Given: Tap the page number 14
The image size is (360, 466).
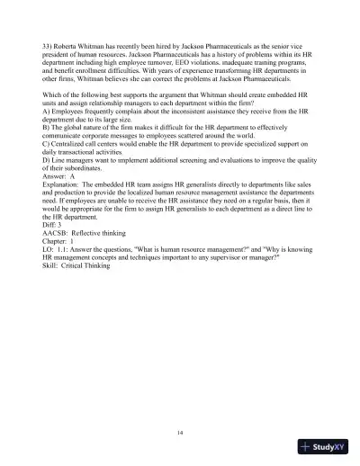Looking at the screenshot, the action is click(180, 434).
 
